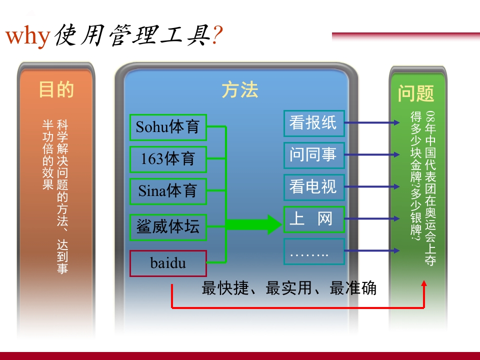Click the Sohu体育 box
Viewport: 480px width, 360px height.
[168, 127]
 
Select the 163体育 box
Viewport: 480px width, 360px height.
[168, 159]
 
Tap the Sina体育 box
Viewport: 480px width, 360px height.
[168, 191]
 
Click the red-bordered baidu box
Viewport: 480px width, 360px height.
[168, 263]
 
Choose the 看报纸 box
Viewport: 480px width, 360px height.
[314, 123]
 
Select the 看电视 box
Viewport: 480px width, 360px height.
[314, 187]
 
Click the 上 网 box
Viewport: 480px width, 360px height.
[314, 219]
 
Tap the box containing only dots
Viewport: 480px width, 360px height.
[314, 251]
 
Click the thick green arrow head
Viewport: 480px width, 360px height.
[272, 224]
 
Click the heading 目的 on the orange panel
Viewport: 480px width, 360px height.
[56, 89]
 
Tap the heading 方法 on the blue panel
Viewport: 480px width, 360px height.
[239, 90]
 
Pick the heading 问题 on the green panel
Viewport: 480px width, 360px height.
[416, 93]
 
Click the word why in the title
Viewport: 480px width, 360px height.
[27, 36]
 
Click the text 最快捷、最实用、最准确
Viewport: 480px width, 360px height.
[289, 288]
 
